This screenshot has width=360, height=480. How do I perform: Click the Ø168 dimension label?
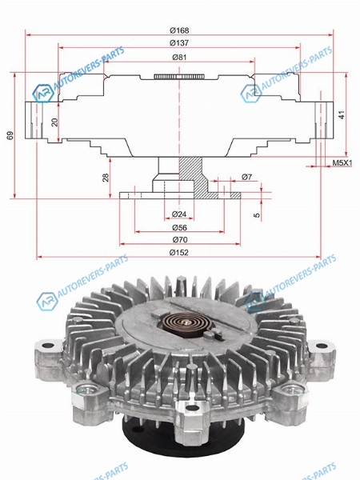[179, 30]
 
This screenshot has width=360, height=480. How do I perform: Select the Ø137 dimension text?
[179, 43]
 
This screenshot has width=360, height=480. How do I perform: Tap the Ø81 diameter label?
[179, 58]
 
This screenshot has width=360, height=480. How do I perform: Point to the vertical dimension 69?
[10, 135]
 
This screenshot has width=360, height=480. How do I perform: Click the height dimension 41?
[342, 114]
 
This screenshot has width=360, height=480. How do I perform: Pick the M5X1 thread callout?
[342, 163]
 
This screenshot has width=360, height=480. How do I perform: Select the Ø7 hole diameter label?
[246, 177]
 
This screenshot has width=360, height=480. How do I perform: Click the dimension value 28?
[106, 178]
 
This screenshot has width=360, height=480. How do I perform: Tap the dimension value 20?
[54, 122]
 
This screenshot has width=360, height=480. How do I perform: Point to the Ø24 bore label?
[179, 214]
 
